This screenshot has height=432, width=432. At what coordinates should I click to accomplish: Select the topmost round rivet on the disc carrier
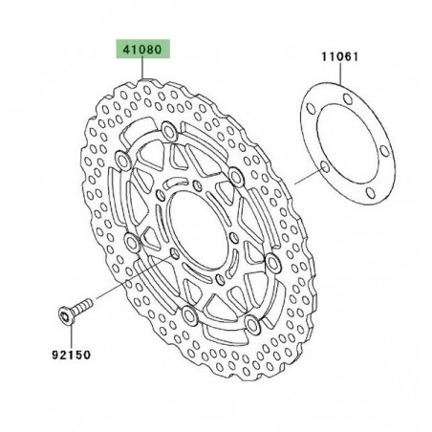(169, 129)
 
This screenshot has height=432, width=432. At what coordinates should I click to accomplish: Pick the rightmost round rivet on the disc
(272, 260)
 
